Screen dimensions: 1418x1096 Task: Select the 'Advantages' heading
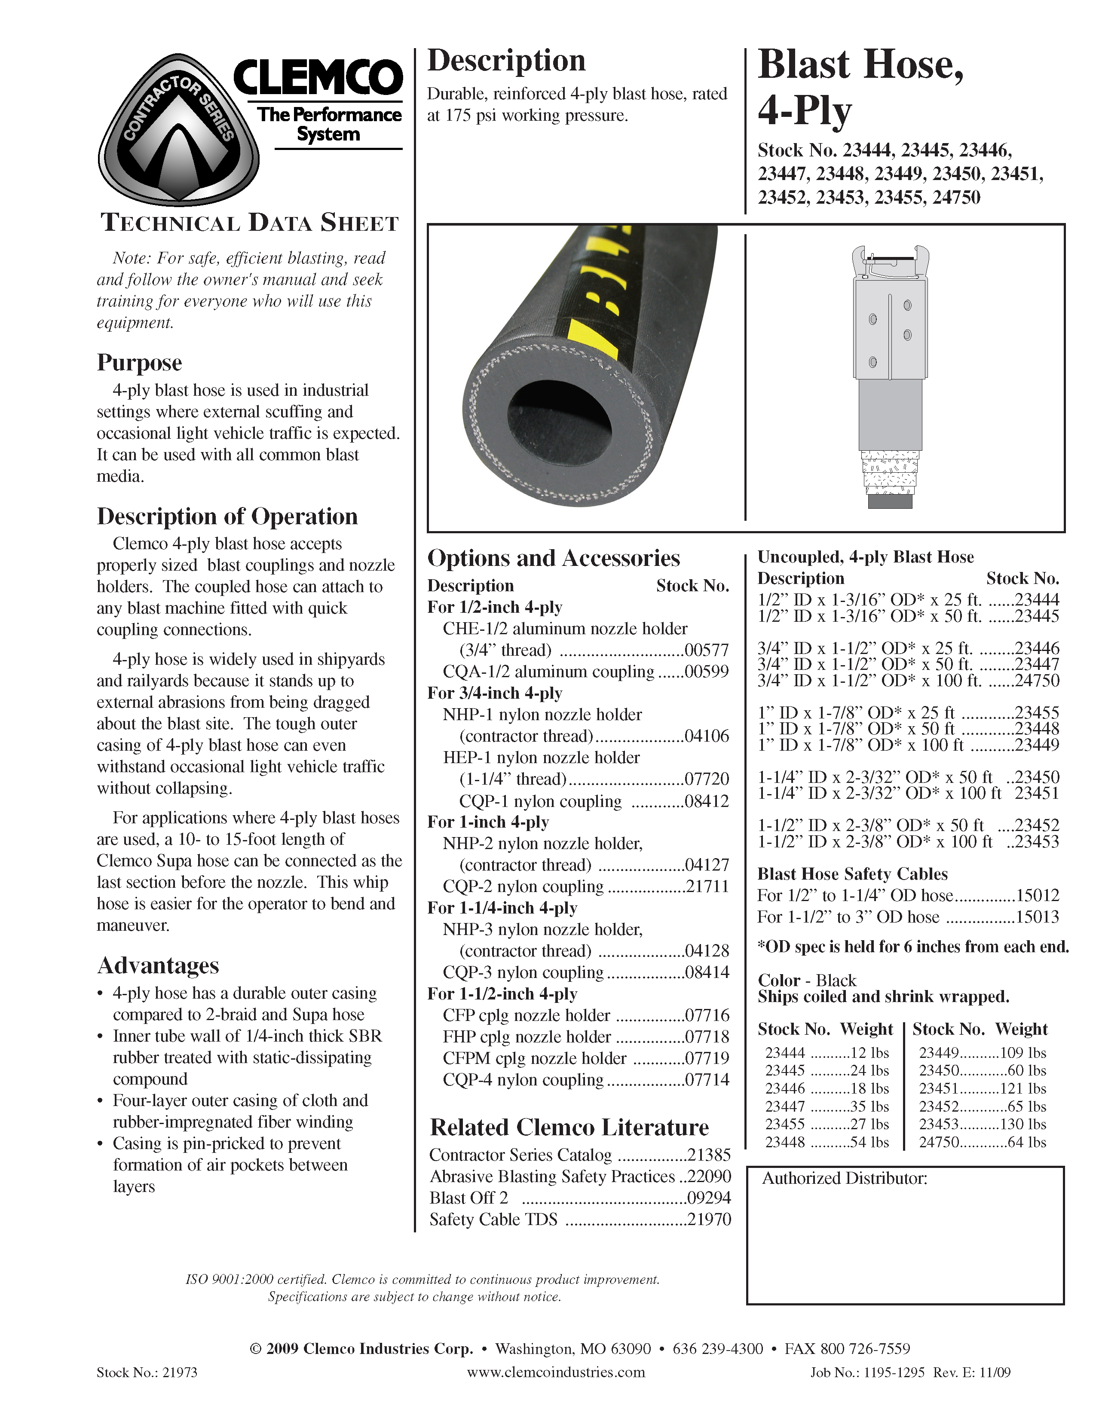pyautogui.click(x=158, y=966)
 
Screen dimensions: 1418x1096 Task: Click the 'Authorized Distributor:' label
pyautogui.click(x=844, y=1178)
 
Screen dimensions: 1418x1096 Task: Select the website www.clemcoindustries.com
pyautogui.click(x=556, y=1372)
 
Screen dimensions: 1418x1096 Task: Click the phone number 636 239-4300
pyautogui.click(x=717, y=1348)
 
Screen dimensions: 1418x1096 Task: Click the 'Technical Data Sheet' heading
pyautogui.click(x=249, y=223)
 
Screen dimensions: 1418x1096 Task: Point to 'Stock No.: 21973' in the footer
pyautogui.click(x=147, y=1372)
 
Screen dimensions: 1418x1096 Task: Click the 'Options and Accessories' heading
pyautogui.click(x=553, y=558)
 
